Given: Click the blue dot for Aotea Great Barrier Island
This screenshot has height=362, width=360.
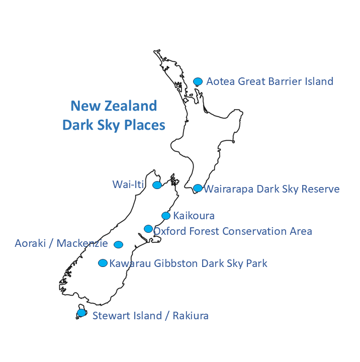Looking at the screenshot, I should pos(198,81).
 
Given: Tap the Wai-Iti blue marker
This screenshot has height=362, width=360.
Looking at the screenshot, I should pos(157,185).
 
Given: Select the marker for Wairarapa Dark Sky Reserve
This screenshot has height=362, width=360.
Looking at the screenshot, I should pos(198,188).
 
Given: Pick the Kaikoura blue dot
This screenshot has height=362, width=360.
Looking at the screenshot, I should pos(166,216).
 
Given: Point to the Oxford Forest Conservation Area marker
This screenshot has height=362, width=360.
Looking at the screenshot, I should pos(148,229).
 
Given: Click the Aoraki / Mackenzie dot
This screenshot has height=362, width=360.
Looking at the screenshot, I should pos(118,245).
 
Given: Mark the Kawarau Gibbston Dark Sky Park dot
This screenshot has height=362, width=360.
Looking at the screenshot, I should pos(103,263).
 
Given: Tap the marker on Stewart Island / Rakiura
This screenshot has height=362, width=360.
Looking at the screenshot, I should pos(81,313).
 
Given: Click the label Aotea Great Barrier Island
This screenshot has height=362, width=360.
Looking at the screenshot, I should pos(269,81).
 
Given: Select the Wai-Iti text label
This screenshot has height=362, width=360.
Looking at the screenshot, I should pos(128,185).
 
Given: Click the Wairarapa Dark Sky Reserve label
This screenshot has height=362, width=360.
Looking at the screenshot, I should pos(272,189).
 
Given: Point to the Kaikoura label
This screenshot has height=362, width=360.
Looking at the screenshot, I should pos(194,216).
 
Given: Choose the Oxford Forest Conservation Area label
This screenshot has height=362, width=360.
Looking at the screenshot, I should pos(233,231).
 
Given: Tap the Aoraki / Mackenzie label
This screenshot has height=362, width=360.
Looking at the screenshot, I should pos(61,244).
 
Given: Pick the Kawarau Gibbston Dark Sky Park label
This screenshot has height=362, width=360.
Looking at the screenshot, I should pos(188,263).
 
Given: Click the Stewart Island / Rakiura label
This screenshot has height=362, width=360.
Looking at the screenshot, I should pos(150,316).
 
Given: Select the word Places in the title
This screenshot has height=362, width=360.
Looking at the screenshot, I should pos(143,125).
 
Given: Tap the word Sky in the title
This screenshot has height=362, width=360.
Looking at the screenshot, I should pos(107,125).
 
